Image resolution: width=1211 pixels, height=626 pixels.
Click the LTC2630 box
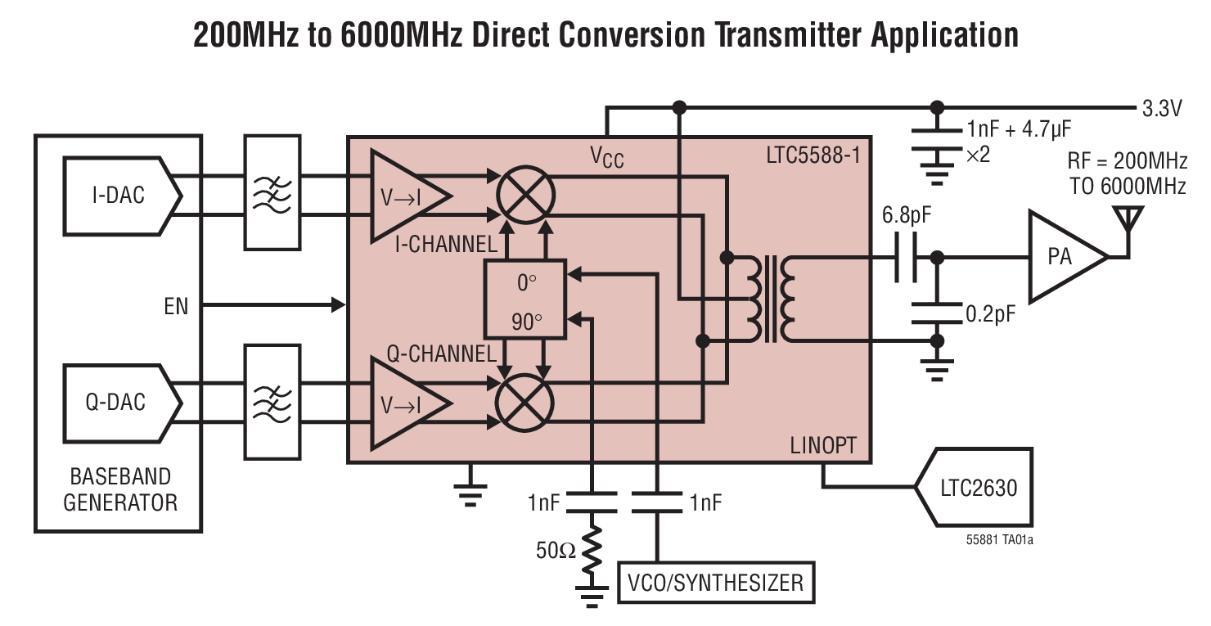pos(973,488)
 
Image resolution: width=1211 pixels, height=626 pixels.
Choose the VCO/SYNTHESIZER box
pos(716,583)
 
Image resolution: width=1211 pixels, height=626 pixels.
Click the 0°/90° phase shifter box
pos(525,299)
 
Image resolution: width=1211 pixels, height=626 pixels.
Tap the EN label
pos(176,306)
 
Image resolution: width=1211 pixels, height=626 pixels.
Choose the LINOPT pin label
pos(823,446)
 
